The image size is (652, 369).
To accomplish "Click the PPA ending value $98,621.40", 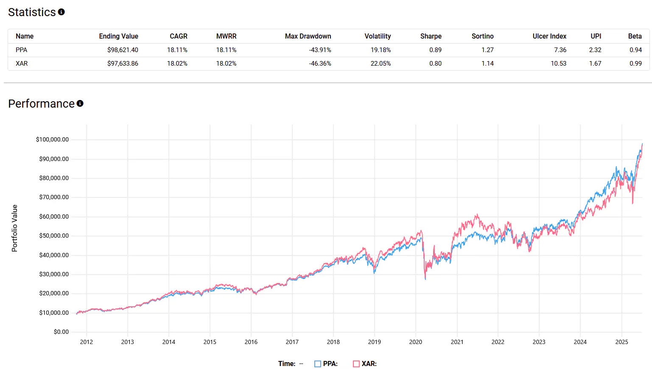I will [x=123, y=50].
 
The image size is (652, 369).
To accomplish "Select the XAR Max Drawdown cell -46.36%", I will [x=320, y=64].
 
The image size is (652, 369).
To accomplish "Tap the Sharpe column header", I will [x=431, y=36].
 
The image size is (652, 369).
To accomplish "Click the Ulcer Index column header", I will [x=549, y=36].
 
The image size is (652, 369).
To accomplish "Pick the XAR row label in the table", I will [x=22, y=64].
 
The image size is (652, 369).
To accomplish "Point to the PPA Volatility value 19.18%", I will [x=381, y=50].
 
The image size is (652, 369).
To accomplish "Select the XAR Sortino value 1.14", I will [x=487, y=64].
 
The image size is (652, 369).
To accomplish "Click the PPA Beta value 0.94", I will [x=635, y=50].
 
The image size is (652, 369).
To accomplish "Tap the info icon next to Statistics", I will [x=62, y=12].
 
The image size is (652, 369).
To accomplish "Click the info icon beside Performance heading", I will [x=80, y=103].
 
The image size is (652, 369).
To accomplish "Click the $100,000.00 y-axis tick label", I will [x=52, y=139].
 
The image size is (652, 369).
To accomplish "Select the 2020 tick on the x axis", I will [x=415, y=342].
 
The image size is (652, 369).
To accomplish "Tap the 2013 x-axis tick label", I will [x=127, y=342].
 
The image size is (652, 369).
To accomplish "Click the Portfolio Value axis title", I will [x=15, y=228].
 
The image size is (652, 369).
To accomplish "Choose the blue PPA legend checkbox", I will [x=317, y=364].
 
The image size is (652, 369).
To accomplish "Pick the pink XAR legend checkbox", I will [x=356, y=364].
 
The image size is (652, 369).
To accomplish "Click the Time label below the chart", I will [x=287, y=364].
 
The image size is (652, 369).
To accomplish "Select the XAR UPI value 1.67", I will [x=595, y=64].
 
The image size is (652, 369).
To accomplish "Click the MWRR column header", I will [x=226, y=36].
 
